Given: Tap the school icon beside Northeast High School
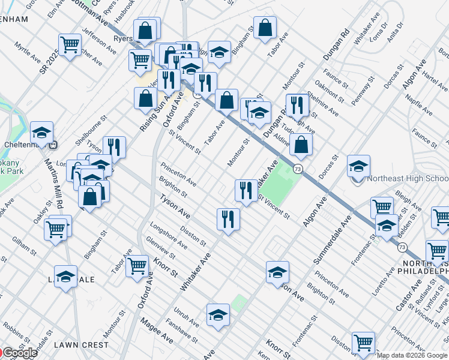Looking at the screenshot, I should point(358,166).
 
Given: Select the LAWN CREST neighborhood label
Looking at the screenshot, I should point(82,345).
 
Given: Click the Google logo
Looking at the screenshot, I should point(19,353).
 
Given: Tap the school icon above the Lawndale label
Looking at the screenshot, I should point(65,277).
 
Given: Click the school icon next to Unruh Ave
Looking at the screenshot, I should point(218,314).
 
